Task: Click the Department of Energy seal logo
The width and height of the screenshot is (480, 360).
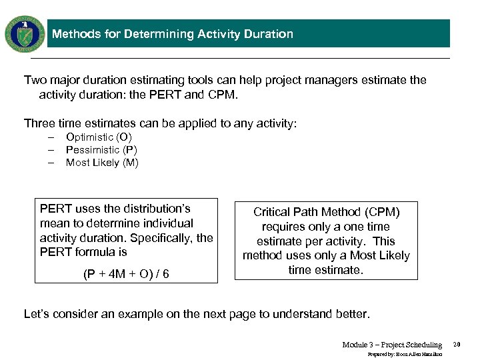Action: (25, 34)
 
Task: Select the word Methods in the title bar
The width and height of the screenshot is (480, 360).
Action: (75, 34)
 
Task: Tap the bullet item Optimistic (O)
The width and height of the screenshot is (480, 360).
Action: (99, 137)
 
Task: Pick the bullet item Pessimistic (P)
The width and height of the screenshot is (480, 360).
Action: (101, 150)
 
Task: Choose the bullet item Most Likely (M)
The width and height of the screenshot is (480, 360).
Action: (102, 163)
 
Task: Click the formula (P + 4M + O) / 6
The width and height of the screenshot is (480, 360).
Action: (125, 274)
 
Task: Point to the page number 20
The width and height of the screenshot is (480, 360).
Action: (457, 345)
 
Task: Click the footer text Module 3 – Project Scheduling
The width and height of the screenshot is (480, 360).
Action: (392, 345)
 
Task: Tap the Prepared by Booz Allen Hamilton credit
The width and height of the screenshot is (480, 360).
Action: (405, 355)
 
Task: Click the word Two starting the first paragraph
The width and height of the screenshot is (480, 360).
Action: (35, 80)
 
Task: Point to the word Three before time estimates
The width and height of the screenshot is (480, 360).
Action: (39, 123)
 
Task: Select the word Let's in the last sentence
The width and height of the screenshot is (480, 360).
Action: (37, 314)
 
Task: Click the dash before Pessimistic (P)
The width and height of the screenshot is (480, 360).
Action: (51, 150)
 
